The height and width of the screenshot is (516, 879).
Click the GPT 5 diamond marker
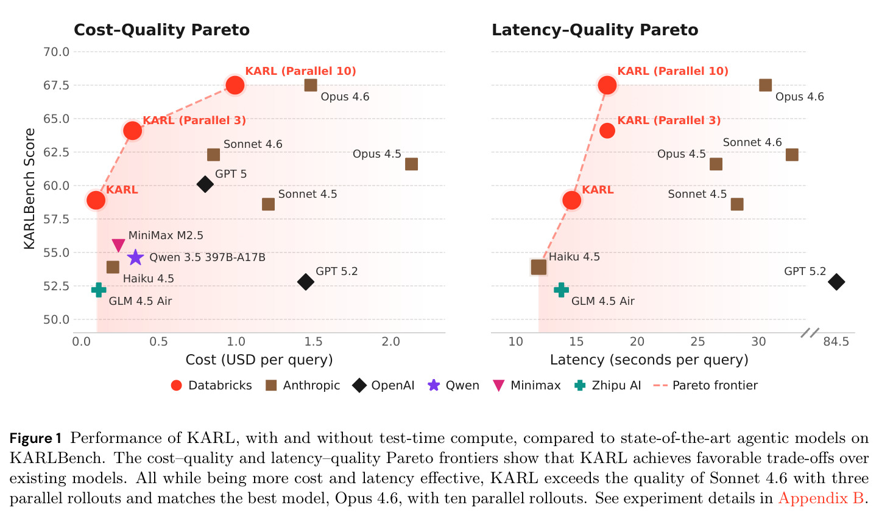(x=205, y=184)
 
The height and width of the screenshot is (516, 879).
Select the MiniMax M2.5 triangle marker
(x=119, y=245)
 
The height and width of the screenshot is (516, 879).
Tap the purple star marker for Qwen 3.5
(x=135, y=257)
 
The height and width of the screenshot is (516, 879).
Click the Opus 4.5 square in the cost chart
(x=411, y=164)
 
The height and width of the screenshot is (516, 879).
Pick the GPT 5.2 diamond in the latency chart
(x=836, y=282)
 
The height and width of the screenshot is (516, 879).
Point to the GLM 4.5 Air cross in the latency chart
(x=561, y=290)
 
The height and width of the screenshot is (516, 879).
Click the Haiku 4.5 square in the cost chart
(x=113, y=267)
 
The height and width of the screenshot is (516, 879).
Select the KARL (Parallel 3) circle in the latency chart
(x=607, y=131)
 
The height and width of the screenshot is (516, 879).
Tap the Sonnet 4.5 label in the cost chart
(x=308, y=194)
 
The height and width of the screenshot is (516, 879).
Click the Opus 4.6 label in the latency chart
(x=800, y=97)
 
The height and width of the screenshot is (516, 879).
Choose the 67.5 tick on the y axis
(x=56, y=85)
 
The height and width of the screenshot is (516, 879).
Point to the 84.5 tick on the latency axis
(x=836, y=341)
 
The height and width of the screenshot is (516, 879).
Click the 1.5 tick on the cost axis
(x=313, y=341)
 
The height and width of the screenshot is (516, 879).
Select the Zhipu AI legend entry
(x=607, y=385)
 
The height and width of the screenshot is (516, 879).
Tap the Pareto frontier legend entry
(x=705, y=385)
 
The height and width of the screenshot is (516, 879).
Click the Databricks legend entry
(x=211, y=385)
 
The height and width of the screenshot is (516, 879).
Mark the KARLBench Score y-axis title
(x=29, y=189)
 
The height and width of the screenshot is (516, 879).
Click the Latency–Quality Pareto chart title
(x=595, y=30)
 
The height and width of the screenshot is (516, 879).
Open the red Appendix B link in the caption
(x=821, y=498)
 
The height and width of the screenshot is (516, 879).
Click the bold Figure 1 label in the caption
(x=36, y=438)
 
